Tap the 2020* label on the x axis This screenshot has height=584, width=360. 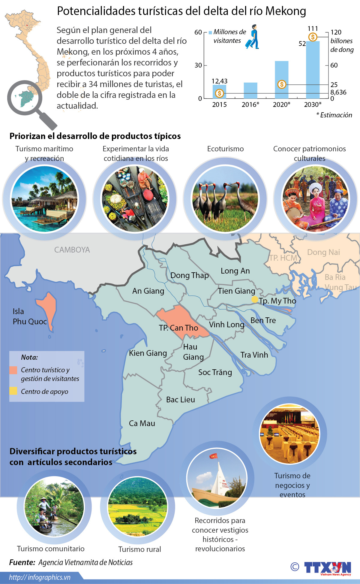281,104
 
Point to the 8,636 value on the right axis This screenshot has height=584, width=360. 338,92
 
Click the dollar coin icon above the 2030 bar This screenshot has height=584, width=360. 313,37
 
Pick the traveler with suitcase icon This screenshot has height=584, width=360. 253,37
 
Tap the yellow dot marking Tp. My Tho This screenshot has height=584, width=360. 254,299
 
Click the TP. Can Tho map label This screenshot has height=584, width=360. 178,328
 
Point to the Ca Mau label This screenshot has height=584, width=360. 142,423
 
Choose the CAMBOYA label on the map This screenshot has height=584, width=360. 72,250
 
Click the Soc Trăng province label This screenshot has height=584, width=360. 215,372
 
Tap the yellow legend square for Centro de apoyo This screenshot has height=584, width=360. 13,391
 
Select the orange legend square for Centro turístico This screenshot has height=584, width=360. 13,370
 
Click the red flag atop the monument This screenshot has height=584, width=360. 213,456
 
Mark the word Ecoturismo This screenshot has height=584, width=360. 225,149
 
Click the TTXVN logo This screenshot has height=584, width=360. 327,568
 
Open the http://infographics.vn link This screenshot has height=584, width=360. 40,577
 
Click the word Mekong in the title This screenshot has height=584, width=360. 286,11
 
